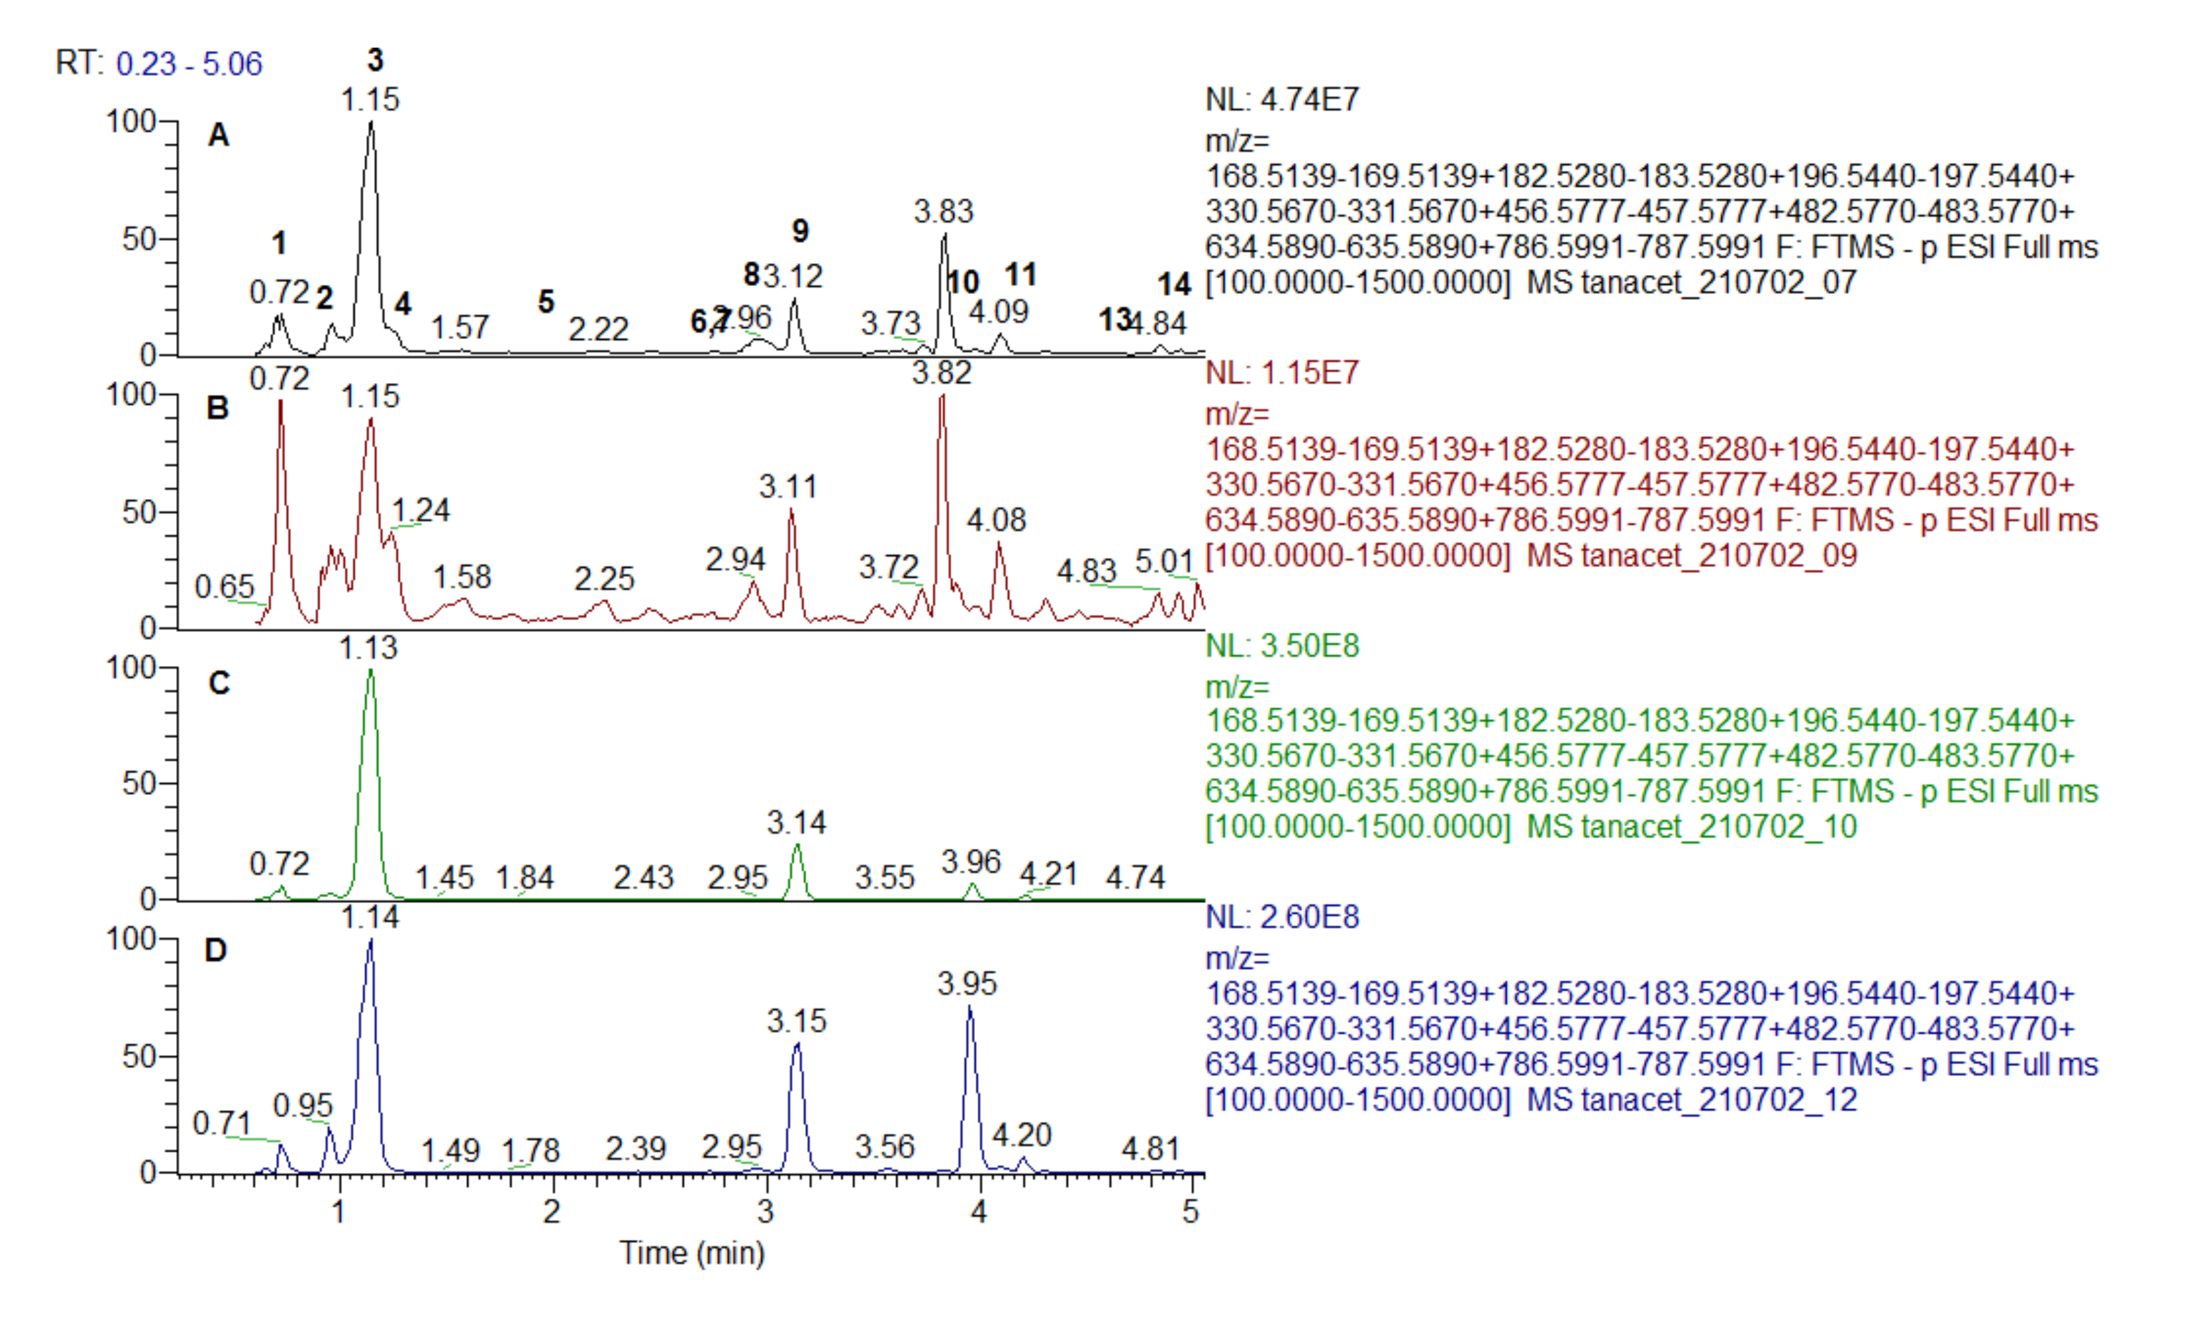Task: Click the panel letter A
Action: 218,136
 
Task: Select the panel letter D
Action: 217,951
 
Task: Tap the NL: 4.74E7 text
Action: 1282,99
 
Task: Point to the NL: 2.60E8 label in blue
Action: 1282,917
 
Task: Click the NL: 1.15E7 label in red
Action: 1282,372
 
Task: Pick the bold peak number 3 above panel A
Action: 375,61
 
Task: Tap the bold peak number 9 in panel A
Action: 800,232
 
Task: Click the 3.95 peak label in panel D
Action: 967,983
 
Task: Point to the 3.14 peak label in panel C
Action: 797,823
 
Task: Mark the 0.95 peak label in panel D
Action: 303,1106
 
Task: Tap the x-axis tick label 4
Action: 979,1211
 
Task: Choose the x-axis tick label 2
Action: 552,1211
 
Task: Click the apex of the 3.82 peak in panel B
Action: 942,396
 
